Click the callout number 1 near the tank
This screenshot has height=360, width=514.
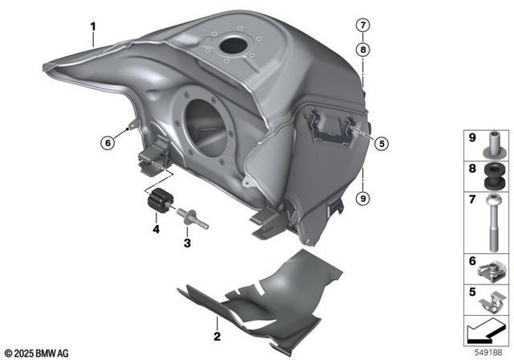tap(93, 26)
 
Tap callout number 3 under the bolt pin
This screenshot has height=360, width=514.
tap(186, 242)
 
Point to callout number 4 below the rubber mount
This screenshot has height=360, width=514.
tap(157, 229)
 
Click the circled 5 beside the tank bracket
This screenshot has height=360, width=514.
tap(381, 144)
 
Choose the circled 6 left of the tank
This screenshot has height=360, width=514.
tap(108, 143)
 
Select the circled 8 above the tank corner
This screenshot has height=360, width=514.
tap(364, 49)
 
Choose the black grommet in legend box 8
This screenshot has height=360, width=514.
tap(488, 173)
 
